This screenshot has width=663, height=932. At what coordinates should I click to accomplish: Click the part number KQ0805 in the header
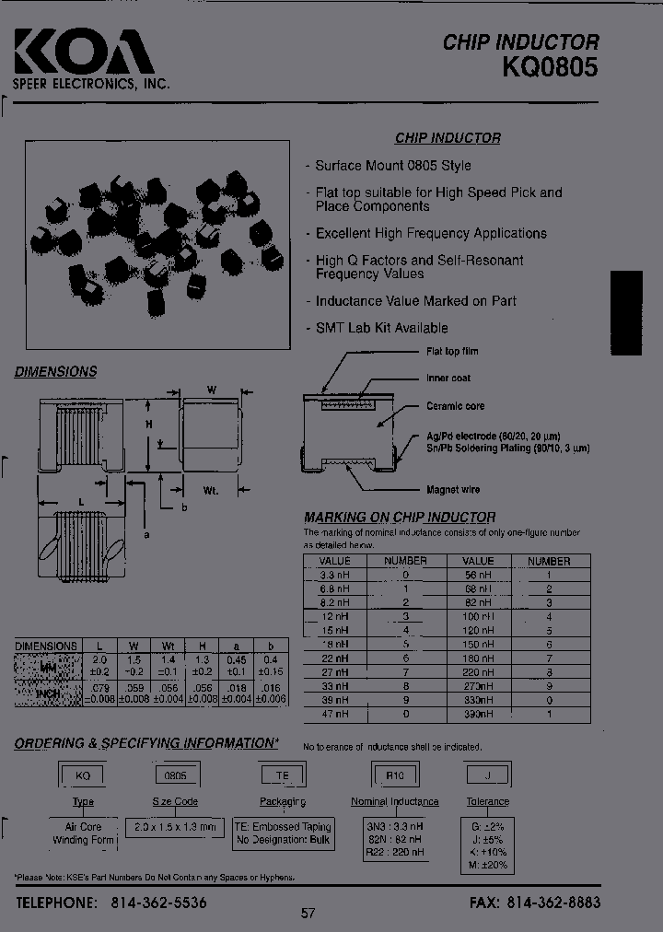coord(550,67)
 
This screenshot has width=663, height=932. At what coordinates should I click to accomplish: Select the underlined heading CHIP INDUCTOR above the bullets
coord(448,138)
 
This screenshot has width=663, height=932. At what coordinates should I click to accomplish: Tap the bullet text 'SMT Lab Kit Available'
coord(381,328)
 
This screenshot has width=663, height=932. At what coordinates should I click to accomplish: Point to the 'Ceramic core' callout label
coord(455,406)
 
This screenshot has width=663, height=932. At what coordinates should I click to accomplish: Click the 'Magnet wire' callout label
coord(452,490)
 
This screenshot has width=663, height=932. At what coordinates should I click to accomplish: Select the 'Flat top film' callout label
coord(451,352)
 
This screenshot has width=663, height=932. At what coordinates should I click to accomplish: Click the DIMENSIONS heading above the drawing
coord(55,372)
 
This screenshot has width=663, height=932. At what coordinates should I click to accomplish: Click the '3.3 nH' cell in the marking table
coord(334,575)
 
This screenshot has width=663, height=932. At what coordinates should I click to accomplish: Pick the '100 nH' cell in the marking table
coord(478,615)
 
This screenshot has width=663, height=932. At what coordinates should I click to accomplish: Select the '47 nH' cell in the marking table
coord(334,714)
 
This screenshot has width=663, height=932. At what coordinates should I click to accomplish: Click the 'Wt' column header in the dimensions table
coord(169,647)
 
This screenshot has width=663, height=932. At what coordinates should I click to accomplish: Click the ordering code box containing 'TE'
coord(283,775)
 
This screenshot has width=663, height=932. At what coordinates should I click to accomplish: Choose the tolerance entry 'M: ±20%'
coord(488,866)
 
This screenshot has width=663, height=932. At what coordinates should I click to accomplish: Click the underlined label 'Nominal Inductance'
coord(394,801)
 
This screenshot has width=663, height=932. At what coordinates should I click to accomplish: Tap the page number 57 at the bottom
coord(308,914)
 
